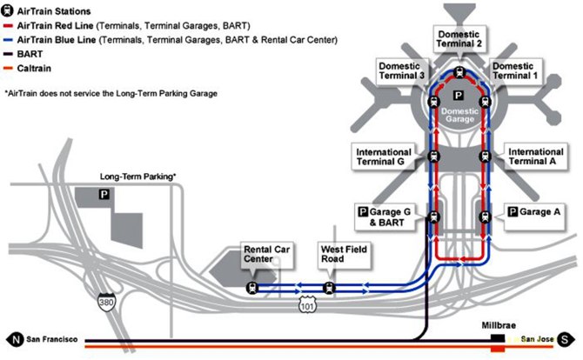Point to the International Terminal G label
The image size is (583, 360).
click(384, 157)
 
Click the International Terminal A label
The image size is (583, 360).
click(534, 157)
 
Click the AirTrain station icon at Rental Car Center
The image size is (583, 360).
click(251, 287)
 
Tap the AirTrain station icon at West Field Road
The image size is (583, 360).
click(328, 287)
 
